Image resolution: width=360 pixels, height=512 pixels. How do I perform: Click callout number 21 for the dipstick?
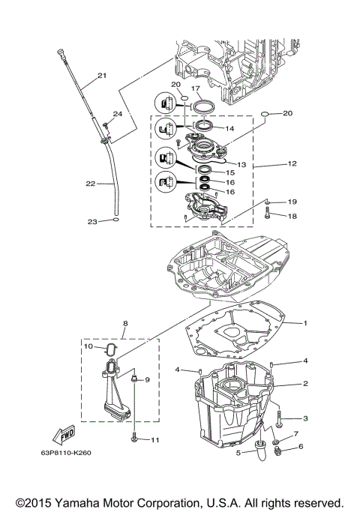point(101,75)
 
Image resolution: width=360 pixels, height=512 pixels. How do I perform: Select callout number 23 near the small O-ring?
point(93,221)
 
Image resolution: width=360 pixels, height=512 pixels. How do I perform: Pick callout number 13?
point(241,164)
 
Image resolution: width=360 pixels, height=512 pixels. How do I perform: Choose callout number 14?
point(229,129)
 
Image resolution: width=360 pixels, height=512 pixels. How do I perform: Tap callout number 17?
point(197,88)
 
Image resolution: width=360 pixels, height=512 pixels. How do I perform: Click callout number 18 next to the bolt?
point(292,215)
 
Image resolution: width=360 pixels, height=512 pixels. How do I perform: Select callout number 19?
point(292,202)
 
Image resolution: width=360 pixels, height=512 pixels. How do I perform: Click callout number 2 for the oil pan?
point(305,383)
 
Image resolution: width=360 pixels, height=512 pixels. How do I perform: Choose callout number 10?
point(87,346)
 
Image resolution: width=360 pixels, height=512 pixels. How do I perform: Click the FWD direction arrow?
point(64,436)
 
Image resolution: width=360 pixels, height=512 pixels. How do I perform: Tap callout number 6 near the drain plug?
point(301,447)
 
